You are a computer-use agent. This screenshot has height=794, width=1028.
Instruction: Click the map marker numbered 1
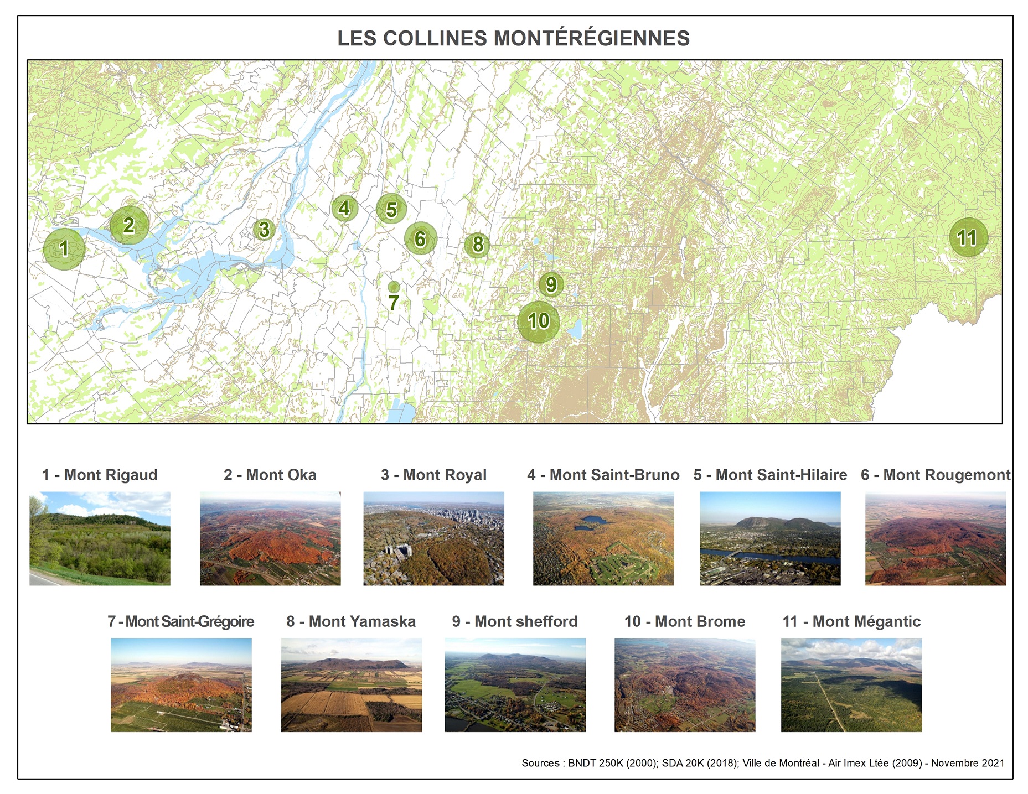64,249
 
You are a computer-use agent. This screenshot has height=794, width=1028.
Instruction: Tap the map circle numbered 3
264,229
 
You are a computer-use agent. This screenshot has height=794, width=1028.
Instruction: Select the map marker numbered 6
421,238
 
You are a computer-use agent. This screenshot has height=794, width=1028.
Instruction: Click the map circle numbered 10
538,321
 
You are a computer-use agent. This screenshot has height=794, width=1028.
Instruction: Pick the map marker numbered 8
477,245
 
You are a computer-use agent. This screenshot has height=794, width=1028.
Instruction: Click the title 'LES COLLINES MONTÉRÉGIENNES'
513,38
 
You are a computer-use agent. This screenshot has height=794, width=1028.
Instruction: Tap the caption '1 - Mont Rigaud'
100,475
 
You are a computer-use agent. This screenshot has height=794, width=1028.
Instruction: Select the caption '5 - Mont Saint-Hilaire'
770,475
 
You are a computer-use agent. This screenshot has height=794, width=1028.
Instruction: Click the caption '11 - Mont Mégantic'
851,621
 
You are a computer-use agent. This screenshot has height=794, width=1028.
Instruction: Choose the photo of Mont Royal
433,538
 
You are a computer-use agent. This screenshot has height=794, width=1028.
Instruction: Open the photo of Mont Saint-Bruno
603,538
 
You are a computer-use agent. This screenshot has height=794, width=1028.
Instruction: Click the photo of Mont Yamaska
352,685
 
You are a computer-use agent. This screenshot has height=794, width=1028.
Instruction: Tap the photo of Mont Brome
685,685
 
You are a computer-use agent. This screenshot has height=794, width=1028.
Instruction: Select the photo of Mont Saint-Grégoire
181,685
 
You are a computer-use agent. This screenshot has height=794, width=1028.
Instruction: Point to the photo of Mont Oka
270,538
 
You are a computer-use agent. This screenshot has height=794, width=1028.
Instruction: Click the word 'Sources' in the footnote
540,763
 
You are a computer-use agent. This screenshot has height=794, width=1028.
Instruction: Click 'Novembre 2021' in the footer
967,763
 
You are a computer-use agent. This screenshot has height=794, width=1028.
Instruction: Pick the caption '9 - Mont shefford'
515,621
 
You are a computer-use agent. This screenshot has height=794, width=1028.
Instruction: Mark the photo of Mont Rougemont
936,538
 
